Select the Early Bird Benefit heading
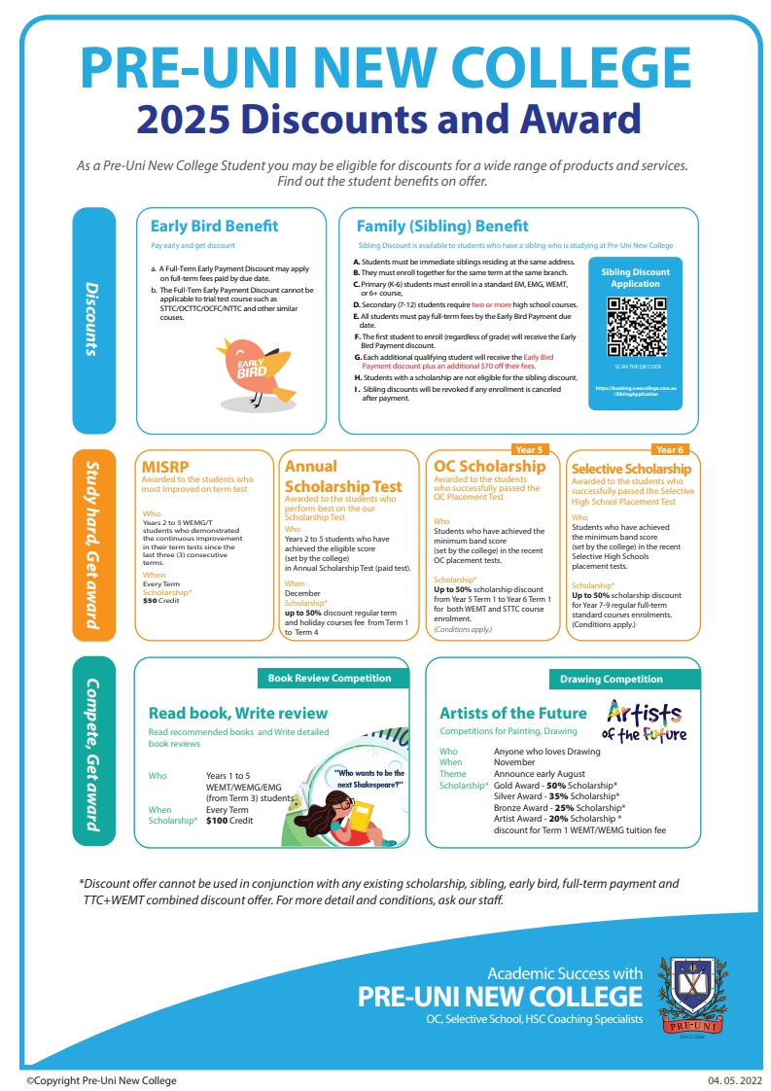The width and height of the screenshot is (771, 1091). (207, 226)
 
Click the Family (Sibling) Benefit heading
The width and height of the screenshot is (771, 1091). (442, 226)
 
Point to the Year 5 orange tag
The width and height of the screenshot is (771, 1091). (529, 450)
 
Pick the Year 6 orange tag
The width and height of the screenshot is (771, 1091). (670, 450)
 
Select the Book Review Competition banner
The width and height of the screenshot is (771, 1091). (330, 678)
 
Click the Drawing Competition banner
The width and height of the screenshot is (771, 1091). (612, 679)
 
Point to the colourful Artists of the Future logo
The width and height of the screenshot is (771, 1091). (645, 720)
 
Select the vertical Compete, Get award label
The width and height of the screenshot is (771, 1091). (93, 755)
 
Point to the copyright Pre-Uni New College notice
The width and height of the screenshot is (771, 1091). (101, 1080)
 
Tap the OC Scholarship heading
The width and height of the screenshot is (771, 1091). (489, 466)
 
